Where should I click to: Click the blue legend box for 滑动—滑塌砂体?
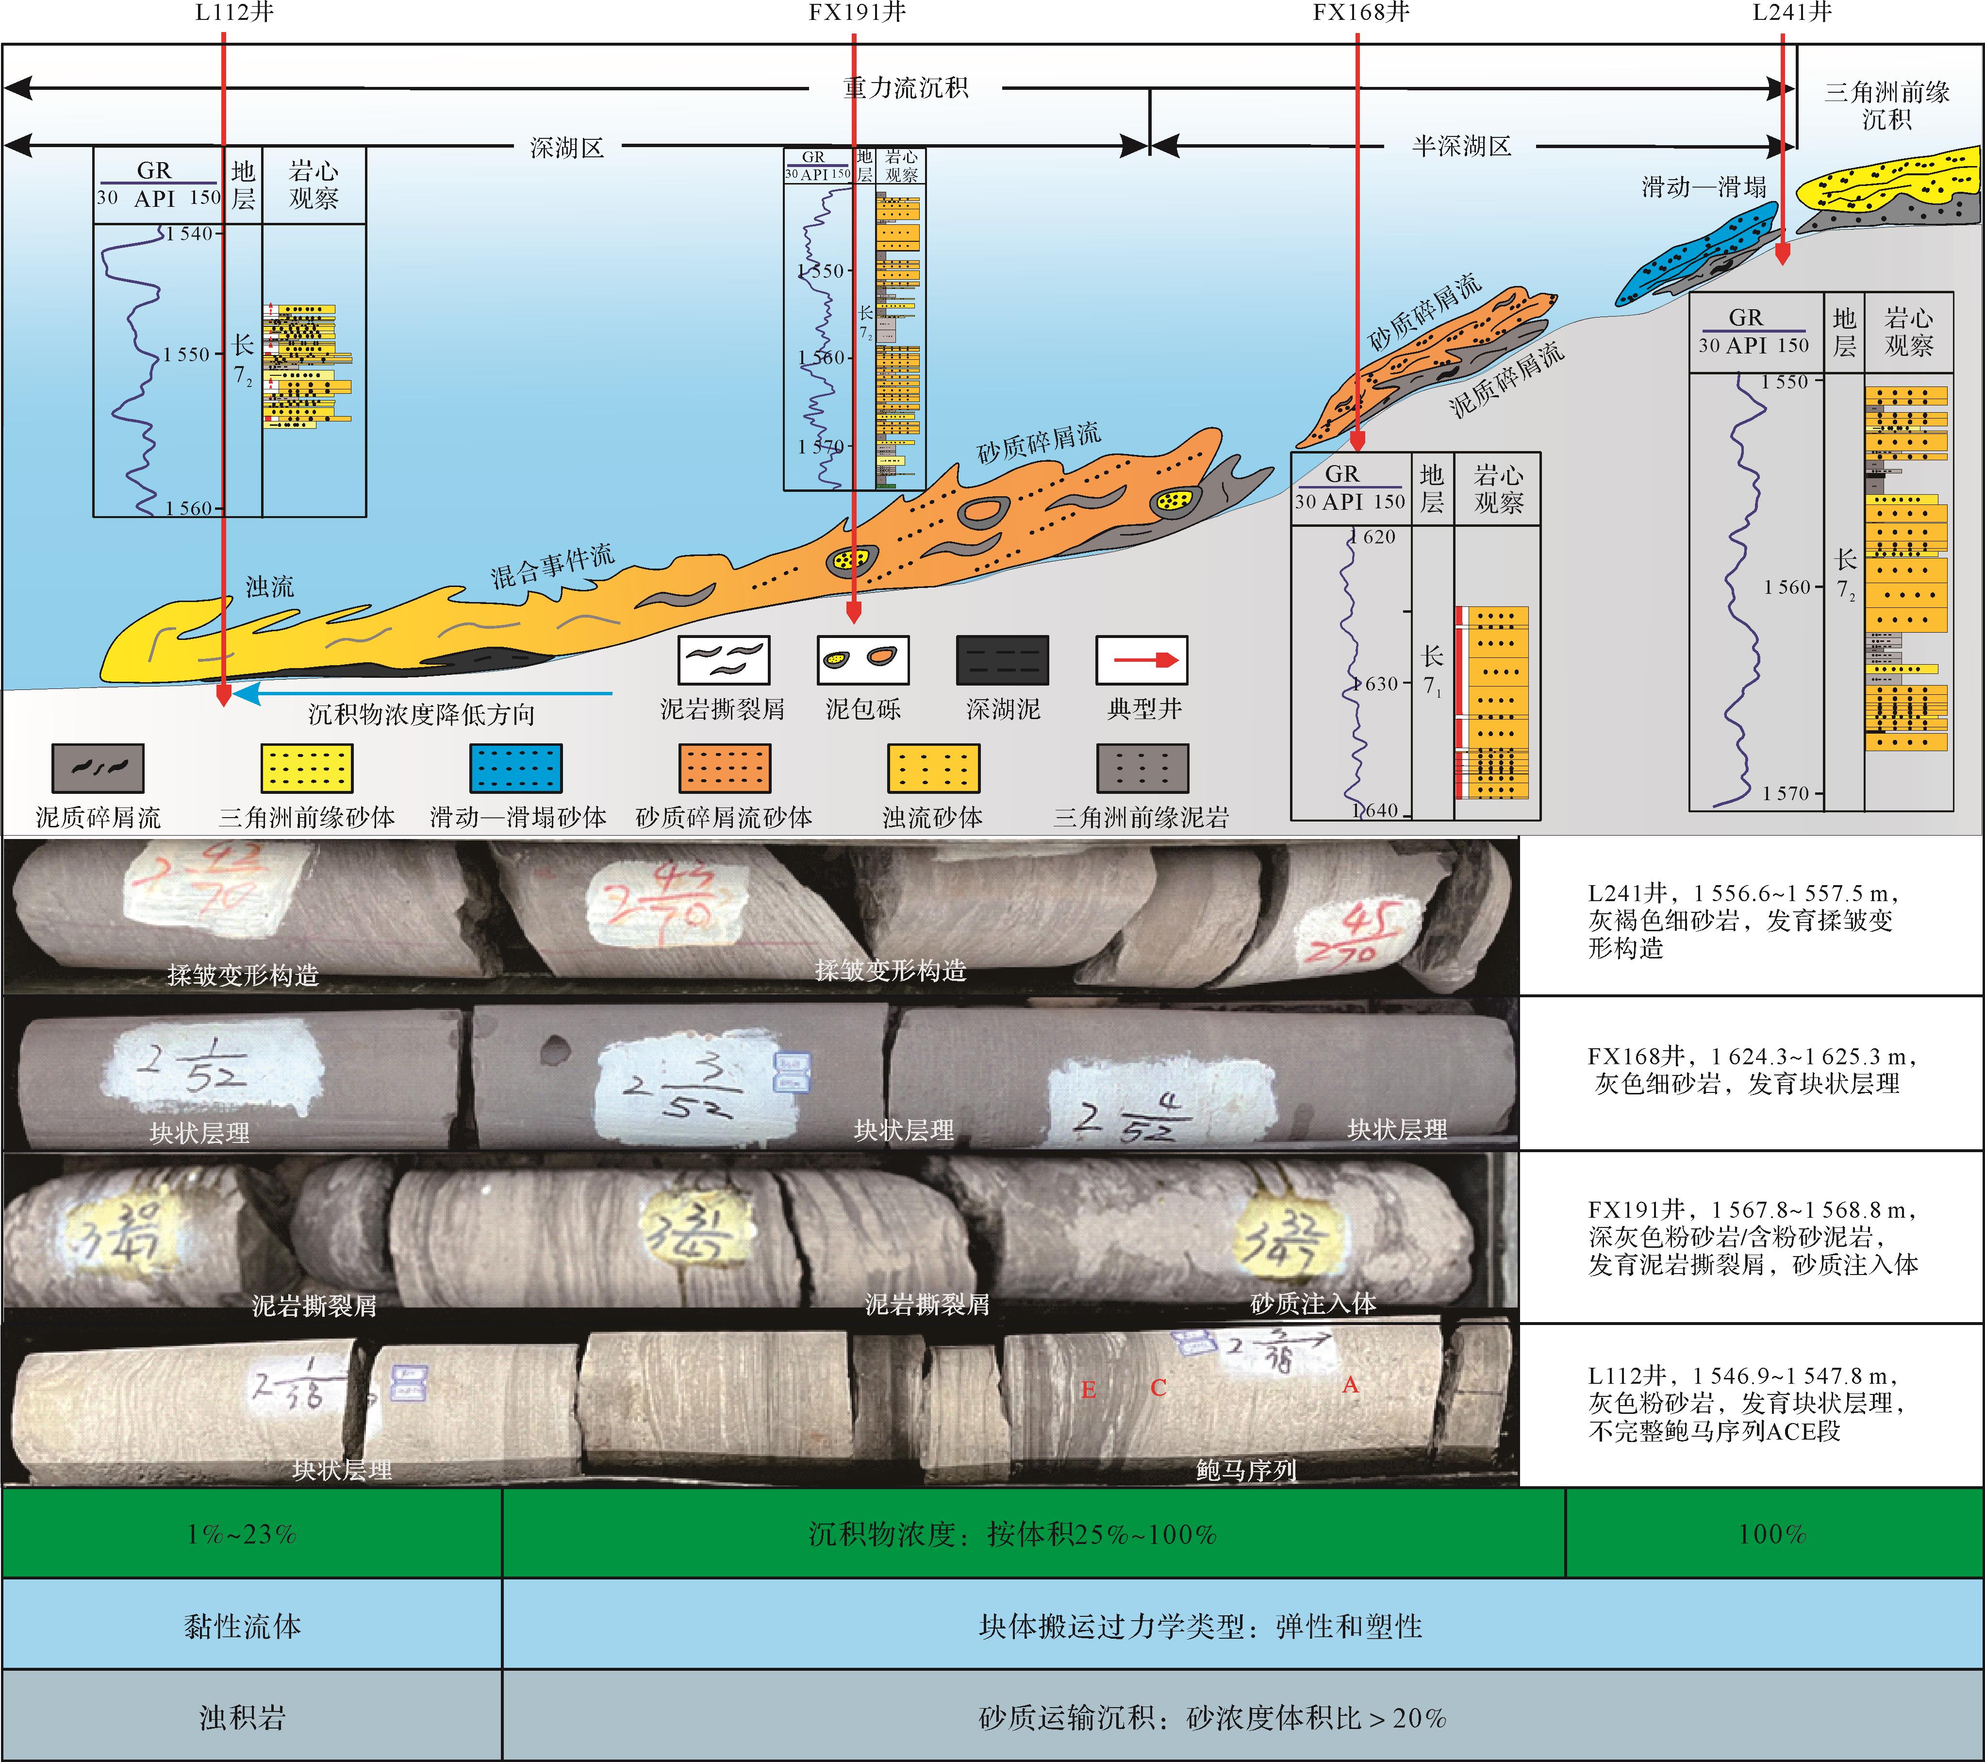(x=516, y=768)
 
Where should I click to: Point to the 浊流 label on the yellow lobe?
(x=269, y=587)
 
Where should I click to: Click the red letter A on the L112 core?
(x=1350, y=1385)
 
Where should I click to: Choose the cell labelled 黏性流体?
(x=243, y=1626)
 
